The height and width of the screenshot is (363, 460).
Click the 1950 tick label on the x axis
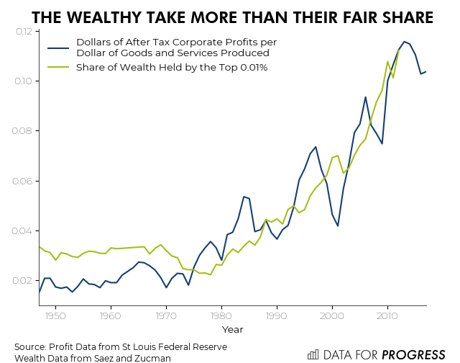point(55,315)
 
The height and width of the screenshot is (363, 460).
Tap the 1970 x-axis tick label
point(166,315)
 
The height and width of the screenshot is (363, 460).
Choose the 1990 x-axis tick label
point(277,315)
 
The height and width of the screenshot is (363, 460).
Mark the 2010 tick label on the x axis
point(387,315)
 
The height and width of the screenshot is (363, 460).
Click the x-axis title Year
point(232,329)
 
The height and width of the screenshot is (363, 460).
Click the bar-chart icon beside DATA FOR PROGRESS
point(313,354)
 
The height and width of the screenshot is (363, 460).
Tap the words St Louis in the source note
point(152,346)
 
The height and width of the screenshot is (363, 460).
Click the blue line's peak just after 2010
point(405,42)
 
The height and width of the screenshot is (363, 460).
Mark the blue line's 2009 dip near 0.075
point(382,143)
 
